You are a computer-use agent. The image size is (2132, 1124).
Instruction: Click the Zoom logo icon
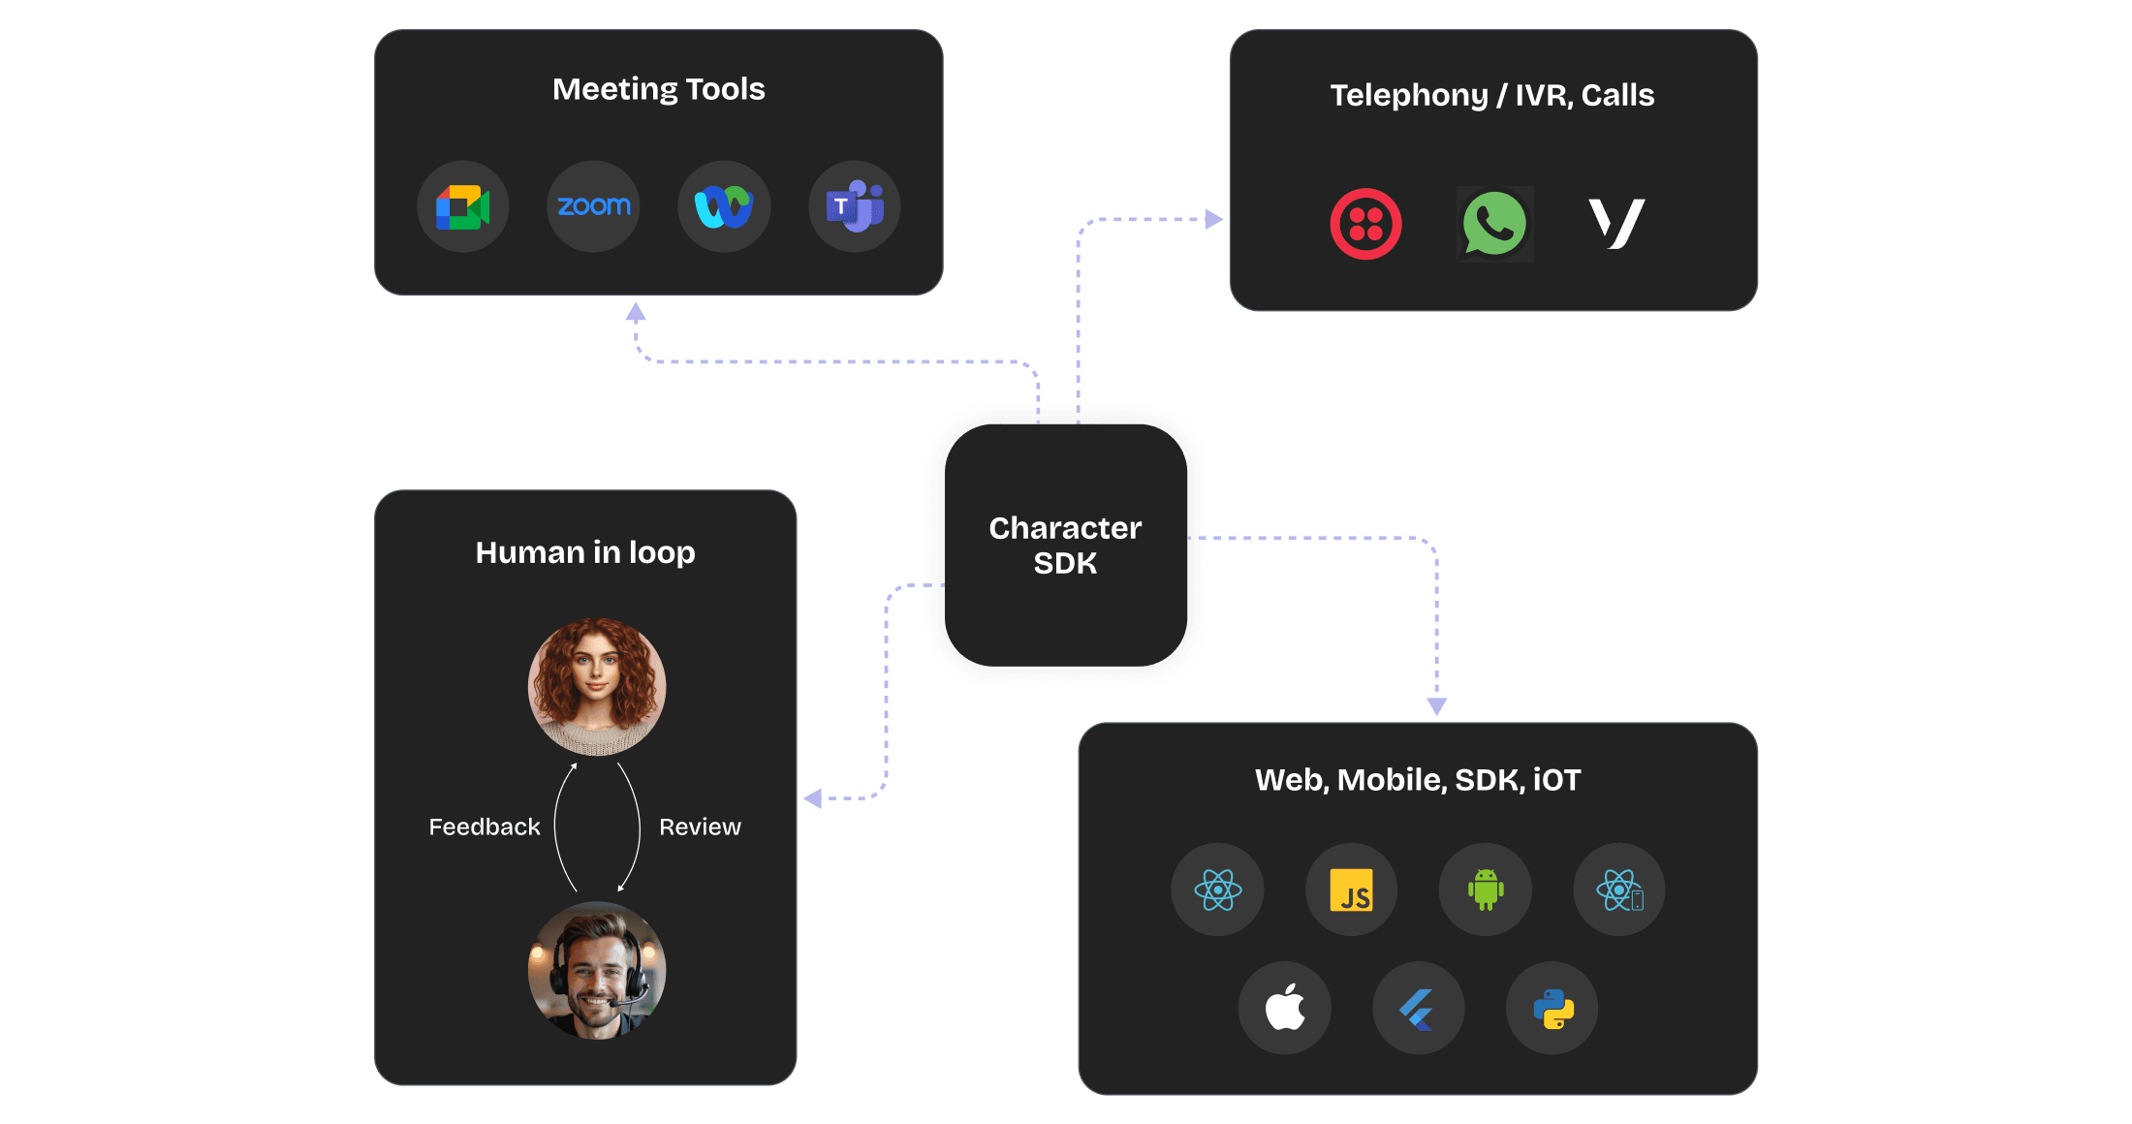[593, 206]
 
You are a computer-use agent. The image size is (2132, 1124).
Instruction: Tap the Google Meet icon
[462, 206]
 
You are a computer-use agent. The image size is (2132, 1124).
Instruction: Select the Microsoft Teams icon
[854, 206]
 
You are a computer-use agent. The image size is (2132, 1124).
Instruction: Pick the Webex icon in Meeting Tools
[723, 206]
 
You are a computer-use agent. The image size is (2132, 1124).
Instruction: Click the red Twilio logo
[1365, 224]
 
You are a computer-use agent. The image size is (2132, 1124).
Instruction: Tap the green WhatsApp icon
[1494, 224]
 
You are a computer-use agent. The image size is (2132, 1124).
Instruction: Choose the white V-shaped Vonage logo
[1615, 223]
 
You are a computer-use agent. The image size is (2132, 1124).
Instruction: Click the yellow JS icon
[1351, 890]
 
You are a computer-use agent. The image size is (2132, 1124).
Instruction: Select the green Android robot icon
[1485, 890]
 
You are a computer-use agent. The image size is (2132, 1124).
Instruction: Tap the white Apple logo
[1284, 1008]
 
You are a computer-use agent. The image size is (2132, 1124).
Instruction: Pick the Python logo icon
[1552, 1008]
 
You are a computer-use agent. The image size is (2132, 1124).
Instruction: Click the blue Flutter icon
[1418, 1008]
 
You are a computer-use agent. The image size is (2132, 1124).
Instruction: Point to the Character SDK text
[1065, 546]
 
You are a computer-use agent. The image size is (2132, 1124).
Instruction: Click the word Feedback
[484, 827]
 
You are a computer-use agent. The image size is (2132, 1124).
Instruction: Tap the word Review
[700, 827]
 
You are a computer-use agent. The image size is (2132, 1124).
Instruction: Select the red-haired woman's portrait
[597, 686]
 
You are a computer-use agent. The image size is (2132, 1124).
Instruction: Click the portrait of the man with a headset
[597, 970]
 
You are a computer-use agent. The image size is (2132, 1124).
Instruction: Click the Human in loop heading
[585, 552]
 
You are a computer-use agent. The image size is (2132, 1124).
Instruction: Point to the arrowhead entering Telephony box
[1213, 219]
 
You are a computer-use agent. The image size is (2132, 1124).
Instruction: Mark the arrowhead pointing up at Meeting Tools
[636, 312]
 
